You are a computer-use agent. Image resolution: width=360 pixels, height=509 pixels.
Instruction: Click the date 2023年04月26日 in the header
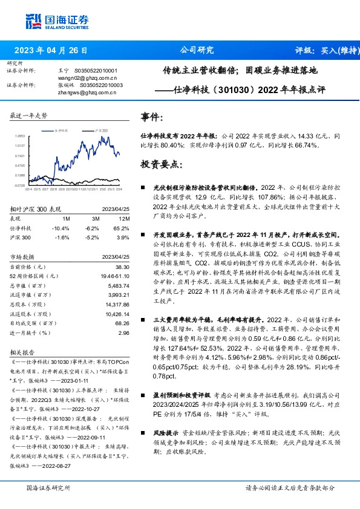(x=54, y=51)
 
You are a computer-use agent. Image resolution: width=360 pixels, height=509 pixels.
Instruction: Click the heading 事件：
(x=151, y=115)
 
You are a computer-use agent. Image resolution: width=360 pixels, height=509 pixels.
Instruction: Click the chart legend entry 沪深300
(x=102, y=130)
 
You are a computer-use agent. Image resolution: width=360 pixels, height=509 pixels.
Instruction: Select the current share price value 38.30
(x=123, y=267)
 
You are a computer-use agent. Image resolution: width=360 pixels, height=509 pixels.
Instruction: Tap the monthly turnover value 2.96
(x=125, y=333)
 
